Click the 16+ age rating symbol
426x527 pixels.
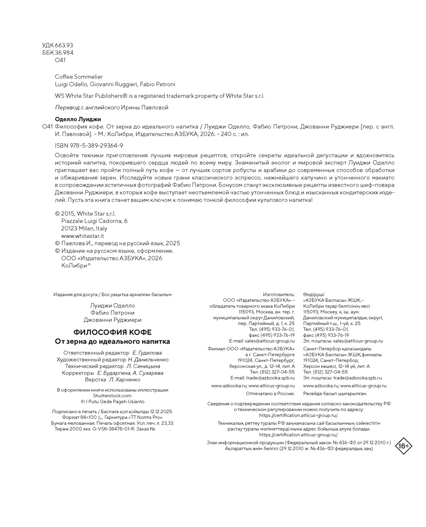pos(404,446)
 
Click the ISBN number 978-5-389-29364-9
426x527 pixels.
pos(89,146)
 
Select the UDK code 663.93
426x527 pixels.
pos(64,45)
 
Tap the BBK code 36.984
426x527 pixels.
pos(64,53)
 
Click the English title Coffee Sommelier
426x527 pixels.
pos(79,77)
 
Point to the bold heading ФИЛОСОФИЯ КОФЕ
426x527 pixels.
pos(112,332)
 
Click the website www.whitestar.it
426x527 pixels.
pos(82,236)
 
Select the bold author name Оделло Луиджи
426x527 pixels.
pos(78,119)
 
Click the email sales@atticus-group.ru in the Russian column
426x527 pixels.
pos(269,341)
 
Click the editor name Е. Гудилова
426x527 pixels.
pos(147,353)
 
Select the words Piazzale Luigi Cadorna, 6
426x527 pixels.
pos(94,221)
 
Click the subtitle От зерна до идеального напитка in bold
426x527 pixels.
pos(112,342)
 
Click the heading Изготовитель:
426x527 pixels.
pos(279,295)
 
